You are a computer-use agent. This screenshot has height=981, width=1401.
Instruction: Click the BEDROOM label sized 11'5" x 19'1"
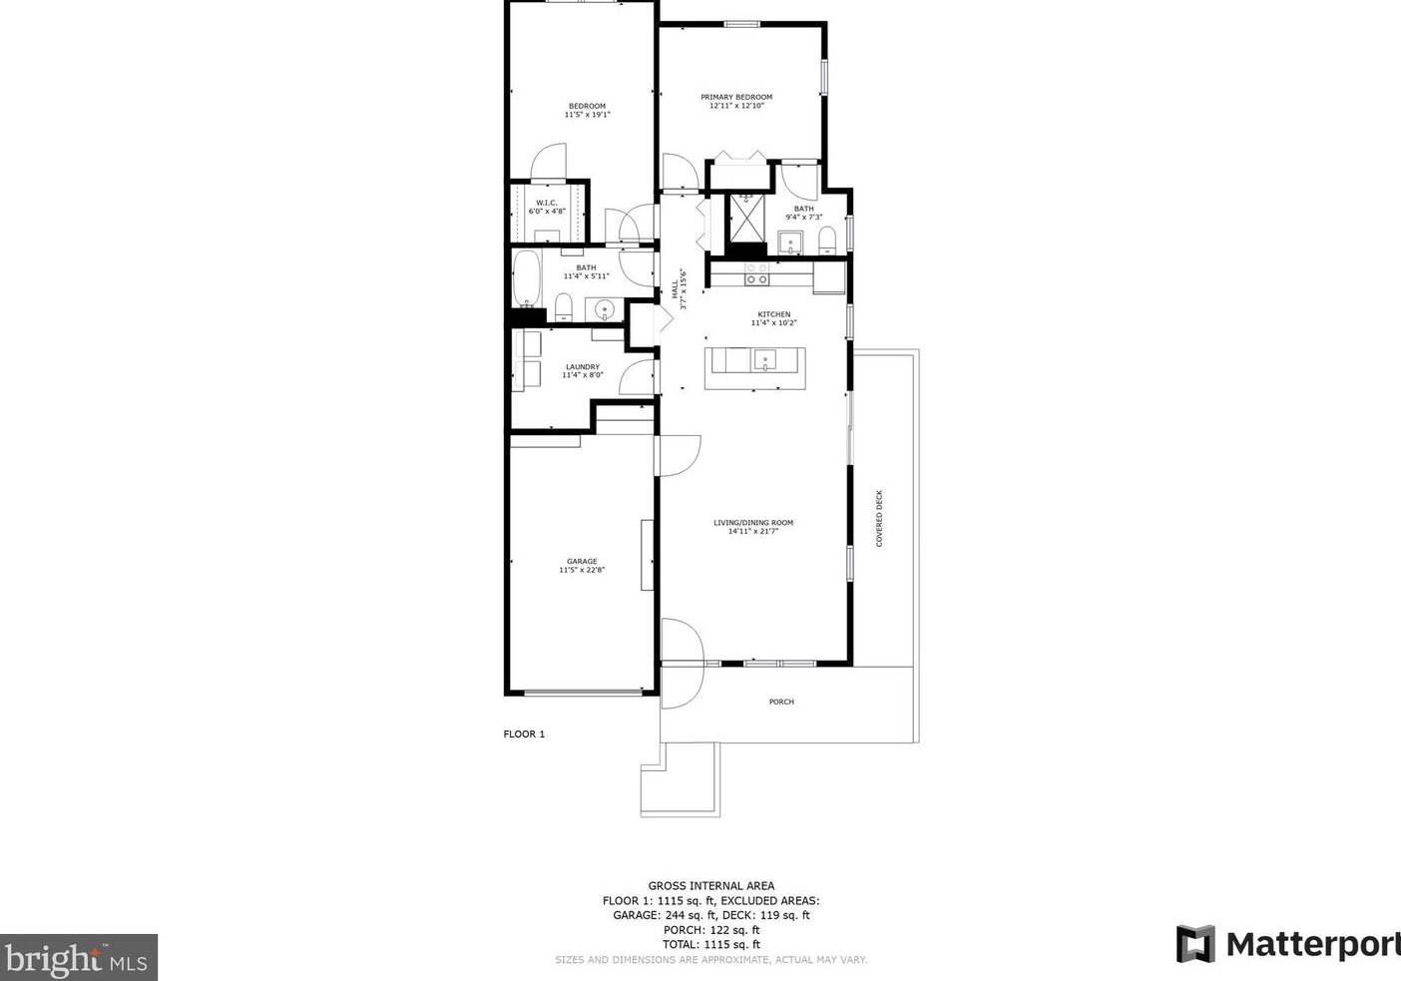pos(587,107)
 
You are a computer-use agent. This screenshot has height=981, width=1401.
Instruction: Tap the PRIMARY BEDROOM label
pos(736,97)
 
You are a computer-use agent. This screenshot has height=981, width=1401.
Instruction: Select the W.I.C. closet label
pos(546,203)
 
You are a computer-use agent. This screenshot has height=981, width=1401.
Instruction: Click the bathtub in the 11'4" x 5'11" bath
pos(526,279)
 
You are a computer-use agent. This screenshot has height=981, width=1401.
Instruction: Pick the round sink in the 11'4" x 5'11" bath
pos(604,310)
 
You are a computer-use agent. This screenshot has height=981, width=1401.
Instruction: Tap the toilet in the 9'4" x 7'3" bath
pos(826,240)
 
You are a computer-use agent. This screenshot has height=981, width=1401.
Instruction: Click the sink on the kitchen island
pos(765,359)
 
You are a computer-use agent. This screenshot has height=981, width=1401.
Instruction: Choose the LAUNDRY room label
pos(582,366)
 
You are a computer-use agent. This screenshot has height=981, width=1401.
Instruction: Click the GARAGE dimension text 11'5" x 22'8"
pos(582,571)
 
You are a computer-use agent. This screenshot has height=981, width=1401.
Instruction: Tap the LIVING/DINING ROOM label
pos(753,523)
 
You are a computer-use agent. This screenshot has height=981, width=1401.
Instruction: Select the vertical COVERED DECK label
pos(879,518)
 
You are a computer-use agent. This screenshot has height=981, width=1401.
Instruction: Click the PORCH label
pos(781,702)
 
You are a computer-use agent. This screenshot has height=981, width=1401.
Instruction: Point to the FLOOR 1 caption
pos(524,735)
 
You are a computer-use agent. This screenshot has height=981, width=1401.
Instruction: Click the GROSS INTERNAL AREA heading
pos(710,885)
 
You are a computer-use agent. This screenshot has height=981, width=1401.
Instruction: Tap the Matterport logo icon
pos(1195,944)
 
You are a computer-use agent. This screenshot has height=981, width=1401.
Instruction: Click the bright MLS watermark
pos(78,958)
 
